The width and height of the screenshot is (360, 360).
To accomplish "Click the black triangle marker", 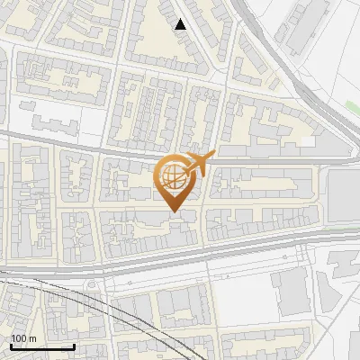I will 181,24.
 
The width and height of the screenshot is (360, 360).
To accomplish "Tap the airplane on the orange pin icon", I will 198,163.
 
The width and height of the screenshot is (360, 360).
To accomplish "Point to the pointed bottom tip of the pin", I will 173,211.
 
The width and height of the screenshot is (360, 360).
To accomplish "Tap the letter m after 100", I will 31,338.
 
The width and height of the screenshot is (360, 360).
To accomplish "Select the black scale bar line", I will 41,346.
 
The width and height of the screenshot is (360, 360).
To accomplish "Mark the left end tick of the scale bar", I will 10,346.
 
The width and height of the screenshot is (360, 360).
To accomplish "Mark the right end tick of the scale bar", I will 74,346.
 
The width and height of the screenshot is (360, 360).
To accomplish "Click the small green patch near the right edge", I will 352,106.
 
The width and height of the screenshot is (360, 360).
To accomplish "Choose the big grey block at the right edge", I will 344,195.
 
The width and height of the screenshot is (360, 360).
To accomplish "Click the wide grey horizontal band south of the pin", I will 180,256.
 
